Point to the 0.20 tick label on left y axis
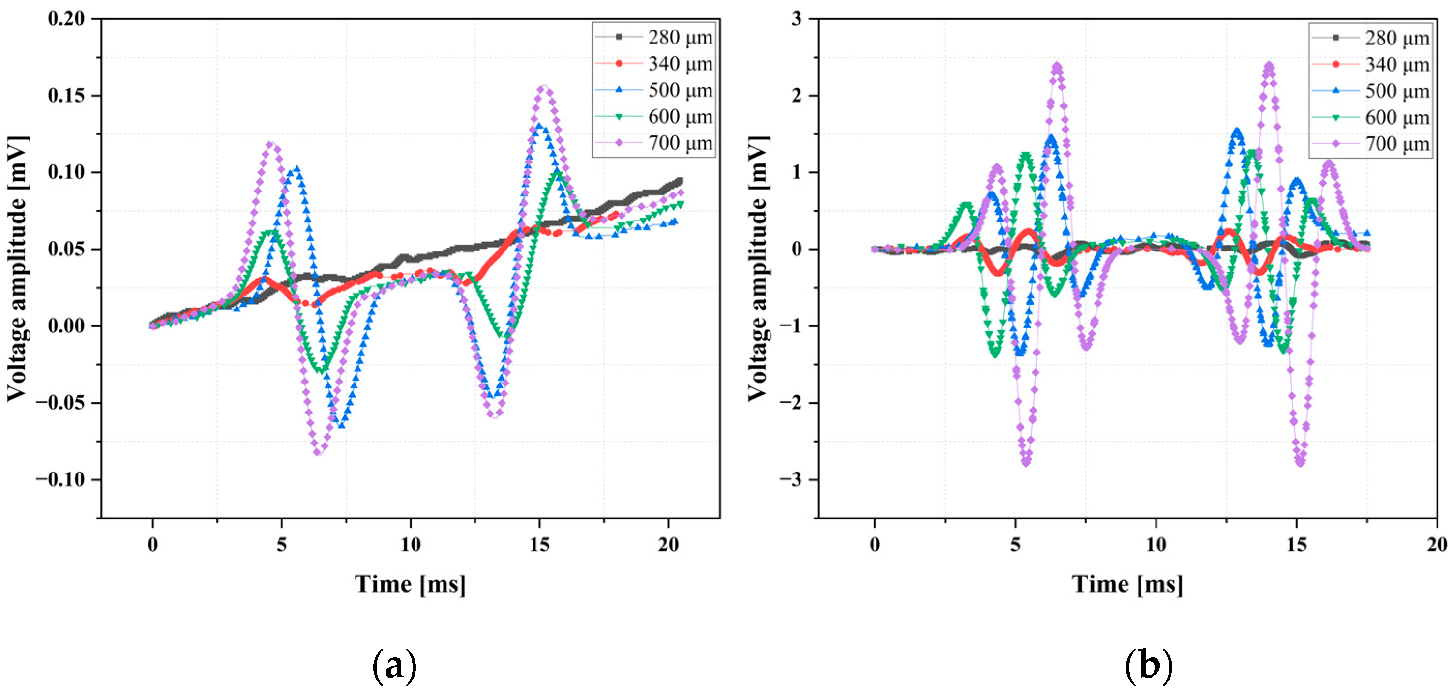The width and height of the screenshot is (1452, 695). click(66, 18)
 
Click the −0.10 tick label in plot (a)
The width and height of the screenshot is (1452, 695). click(60, 480)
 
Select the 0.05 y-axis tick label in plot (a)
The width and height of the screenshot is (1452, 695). click(66, 249)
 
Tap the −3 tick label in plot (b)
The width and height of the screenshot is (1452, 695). click(791, 480)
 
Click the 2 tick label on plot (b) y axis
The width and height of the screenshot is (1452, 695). click(797, 95)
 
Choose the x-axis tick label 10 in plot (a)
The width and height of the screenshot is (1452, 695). click(410, 545)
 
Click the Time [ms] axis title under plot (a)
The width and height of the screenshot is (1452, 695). click(410, 584)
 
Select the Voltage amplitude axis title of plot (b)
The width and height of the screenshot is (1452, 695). click(757, 269)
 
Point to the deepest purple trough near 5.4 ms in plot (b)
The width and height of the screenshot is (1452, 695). click(1026, 462)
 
